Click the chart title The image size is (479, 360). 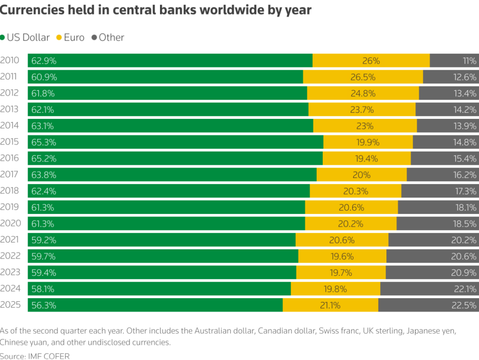point(155,10)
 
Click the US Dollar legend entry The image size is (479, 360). point(27,37)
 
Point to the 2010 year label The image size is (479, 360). point(9,60)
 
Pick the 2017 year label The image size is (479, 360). point(9,175)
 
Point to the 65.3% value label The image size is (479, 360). point(43,142)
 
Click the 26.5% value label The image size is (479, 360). point(363,77)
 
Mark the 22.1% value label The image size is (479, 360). point(465,289)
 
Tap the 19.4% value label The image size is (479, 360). point(367,158)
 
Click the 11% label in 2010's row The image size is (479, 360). point(469,60)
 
